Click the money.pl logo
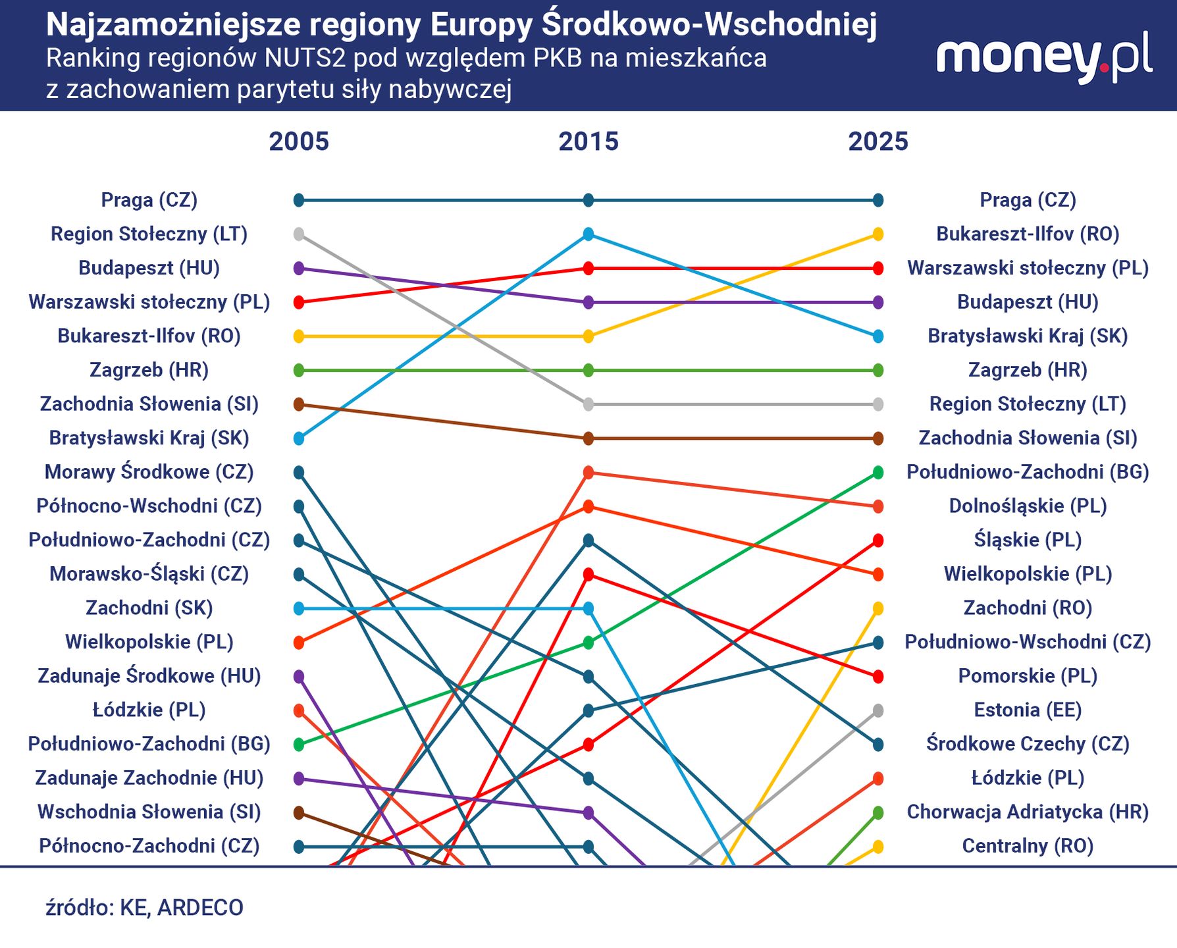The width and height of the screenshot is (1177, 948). coord(1044,58)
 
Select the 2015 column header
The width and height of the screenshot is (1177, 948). coord(588,142)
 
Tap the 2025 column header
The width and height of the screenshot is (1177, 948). coord(877,142)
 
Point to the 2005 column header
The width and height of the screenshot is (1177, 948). coord(299,142)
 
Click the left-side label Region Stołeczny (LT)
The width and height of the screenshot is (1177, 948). coord(149,234)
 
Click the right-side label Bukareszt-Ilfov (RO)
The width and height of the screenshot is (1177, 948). coord(1028,234)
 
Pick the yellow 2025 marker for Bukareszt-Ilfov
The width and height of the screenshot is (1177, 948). coord(877,234)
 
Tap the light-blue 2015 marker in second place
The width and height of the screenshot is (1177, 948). coord(588,234)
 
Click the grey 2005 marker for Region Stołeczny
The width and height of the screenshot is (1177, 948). coord(299,234)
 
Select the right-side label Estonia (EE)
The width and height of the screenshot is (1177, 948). coord(1028,710)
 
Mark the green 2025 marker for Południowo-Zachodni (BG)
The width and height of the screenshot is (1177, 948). coord(877,472)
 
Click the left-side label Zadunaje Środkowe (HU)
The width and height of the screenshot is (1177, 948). coord(149,675)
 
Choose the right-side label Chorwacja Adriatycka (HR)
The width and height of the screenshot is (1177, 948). coord(1028,812)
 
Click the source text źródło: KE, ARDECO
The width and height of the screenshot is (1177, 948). coord(145,907)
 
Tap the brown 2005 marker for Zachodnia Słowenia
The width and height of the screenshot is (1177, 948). coord(299,404)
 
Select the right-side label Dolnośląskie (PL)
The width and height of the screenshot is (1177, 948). coord(1028,506)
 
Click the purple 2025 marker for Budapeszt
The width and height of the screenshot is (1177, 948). coord(877,302)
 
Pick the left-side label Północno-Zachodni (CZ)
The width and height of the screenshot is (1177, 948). coord(149,845)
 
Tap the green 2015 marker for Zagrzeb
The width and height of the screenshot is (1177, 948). coord(588,370)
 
